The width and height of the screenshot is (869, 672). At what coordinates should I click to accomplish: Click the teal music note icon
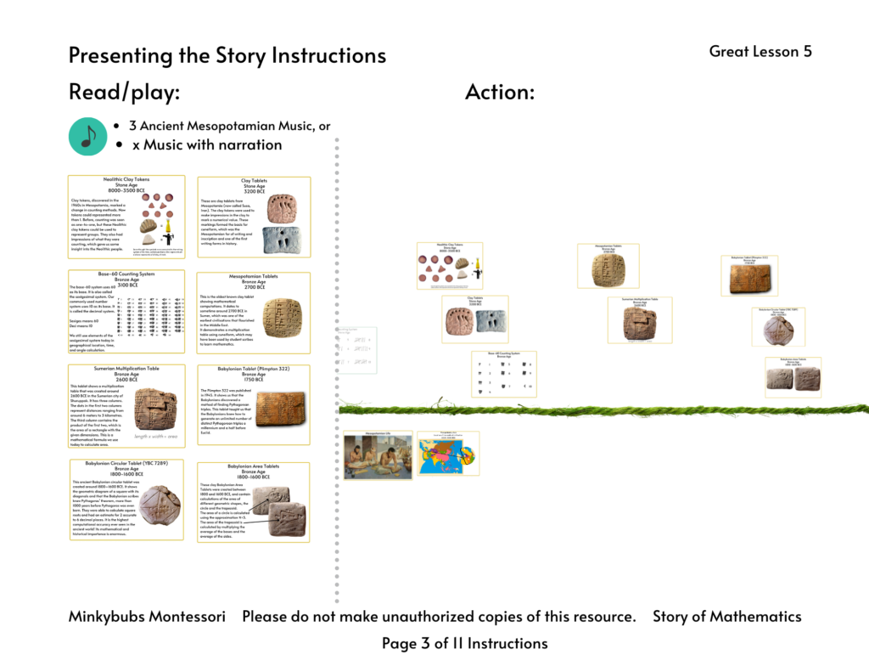(87, 136)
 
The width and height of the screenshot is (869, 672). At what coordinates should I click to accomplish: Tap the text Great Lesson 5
(760, 52)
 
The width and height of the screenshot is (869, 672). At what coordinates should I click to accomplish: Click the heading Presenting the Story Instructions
(227, 56)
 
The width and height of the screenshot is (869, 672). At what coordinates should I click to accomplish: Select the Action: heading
(499, 93)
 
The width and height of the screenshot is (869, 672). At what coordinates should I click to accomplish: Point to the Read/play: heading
(124, 93)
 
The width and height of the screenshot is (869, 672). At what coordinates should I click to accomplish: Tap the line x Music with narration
(206, 145)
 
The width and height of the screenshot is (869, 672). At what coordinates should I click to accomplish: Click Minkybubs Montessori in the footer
(147, 617)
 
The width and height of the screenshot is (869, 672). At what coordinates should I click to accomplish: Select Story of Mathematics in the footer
(726, 617)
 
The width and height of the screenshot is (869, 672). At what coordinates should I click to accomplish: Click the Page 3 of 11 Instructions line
(464, 644)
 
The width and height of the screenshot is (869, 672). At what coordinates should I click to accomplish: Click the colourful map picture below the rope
(447, 454)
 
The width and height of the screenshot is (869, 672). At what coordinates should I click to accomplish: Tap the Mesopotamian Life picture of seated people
(378, 457)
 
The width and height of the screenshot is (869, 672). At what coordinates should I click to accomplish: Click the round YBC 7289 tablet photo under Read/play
(160, 507)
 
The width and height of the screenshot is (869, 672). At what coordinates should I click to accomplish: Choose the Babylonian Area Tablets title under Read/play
(253, 466)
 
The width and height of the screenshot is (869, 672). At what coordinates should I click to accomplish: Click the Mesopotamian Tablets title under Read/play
(253, 276)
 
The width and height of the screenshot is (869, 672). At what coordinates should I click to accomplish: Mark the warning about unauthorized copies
(439, 617)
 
